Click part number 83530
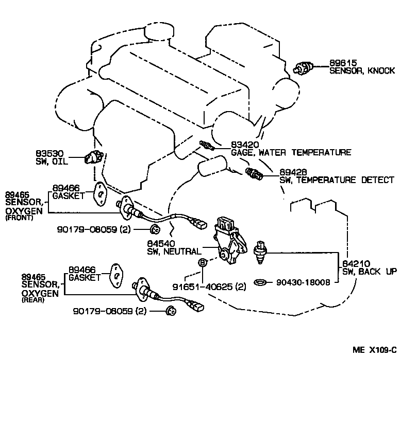49,153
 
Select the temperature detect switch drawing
254,174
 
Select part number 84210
355,264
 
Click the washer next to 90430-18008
261,282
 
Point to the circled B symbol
203,262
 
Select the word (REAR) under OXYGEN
33,300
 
